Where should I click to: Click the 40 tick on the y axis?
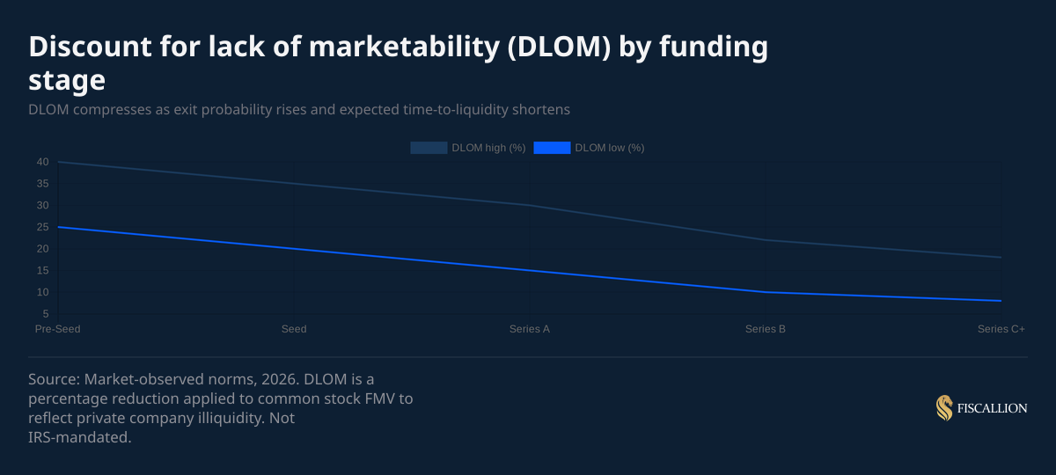click(x=42, y=162)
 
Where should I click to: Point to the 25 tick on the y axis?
click(x=42, y=227)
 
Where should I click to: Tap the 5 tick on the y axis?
click(x=45, y=314)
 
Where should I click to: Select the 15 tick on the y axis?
click(x=42, y=270)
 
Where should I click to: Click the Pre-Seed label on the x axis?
click(x=58, y=329)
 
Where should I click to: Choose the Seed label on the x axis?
click(x=294, y=329)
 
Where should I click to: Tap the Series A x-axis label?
click(x=530, y=329)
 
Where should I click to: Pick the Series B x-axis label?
click(x=766, y=329)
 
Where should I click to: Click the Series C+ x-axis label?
click(x=1001, y=329)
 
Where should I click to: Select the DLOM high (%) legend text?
click(x=488, y=148)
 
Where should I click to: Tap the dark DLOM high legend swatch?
click(x=429, y=148)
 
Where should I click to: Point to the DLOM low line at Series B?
click(x=766, y=292)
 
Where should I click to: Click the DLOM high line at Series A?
click(x=530, y=205)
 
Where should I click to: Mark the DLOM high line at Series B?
click(x=766, y=240)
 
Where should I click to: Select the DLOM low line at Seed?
click(x=294, y=249)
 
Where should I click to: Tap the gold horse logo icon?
click(x=944, y=408)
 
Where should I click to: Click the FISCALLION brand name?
click(x=993, y=408)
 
